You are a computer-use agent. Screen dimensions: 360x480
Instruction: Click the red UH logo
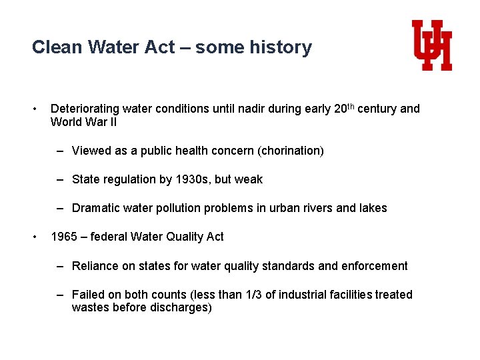pos(432,45)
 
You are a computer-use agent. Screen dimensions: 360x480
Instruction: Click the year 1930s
pos(193,179)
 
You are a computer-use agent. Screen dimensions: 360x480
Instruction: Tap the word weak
pos(248,179)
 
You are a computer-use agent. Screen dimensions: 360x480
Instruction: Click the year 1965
pos(65,237)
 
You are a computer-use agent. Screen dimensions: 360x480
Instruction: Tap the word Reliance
pos(95,266)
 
